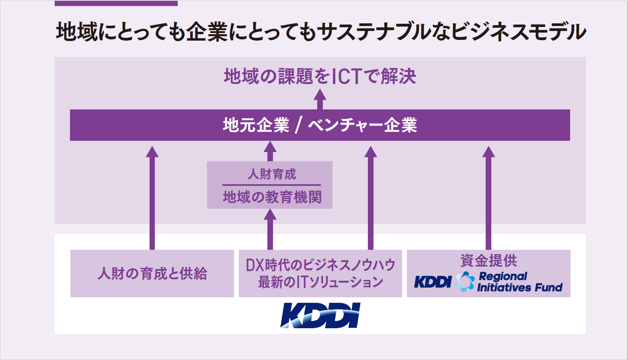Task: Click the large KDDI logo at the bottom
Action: coord(320,315)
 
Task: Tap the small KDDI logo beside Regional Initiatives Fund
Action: coord(433,282)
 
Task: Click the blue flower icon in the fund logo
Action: coord(465,282)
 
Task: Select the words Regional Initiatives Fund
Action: coord(519,282)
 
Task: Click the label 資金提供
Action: coord(488,261)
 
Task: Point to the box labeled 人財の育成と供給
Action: coord(152,274)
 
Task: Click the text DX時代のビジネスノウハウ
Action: coord(320,265)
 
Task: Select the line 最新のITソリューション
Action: coord(320,282)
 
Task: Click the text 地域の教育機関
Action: coord(272,197)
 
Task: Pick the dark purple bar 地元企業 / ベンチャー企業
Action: coord(320,125)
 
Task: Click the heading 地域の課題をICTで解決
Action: coord(320,76)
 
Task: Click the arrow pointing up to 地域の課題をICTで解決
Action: coord(320,99)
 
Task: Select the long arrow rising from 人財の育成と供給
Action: coord(152,197)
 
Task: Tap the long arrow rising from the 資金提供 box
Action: coord(488,197)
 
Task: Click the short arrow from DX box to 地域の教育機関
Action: coord(270,228)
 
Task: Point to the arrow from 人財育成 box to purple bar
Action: coord(270,151)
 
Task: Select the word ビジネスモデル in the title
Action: coord(519,32)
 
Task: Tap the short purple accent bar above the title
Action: coord(116,3)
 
